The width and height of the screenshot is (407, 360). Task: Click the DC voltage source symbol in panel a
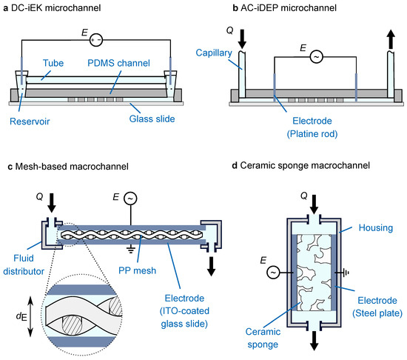tap(96, 40)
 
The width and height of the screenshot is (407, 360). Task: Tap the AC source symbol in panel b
tap(317, 57)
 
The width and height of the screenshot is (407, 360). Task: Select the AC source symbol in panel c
tap(130, 199)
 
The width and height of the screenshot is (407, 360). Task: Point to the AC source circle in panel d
tap(273, 273)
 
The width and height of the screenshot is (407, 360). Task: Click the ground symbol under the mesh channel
tap(130, 250)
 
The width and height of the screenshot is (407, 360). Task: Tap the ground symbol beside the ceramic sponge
tap(346, 273)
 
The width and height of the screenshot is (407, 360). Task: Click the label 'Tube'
tap(53, 63)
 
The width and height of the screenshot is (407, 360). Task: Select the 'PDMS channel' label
tap(118, 63)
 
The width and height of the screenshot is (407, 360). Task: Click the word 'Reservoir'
tap(30, 121)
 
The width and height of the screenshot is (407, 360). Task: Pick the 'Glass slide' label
tap(152, 119)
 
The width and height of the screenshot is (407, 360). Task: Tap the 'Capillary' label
tap(214, 53)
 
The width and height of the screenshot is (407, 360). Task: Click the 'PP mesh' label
tap(138, 270)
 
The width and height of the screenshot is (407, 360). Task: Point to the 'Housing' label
tap(376, 228)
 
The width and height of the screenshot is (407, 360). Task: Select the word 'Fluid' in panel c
tap(24, 259)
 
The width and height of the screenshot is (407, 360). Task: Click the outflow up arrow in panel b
tap(391, 39)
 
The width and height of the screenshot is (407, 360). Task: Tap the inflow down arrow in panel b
tap(242, 39)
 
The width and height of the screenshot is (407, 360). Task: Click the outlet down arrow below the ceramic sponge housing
tap(314, 341)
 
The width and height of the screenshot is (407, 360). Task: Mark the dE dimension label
tap(21, 316)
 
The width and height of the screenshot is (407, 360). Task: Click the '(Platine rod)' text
tap(312, 134)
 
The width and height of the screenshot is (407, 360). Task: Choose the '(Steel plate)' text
tap(377, 313)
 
